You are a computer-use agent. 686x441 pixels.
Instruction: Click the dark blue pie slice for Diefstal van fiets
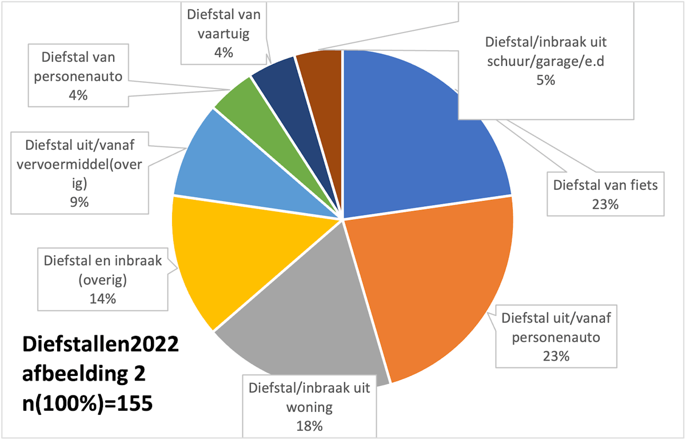(412, 137)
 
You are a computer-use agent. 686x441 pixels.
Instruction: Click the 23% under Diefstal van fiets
(605, 204)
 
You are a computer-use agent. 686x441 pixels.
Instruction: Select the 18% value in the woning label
(309, 426)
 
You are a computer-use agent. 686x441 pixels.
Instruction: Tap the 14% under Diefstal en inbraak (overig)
(102, 299)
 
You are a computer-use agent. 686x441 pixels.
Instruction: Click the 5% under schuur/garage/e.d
(545, 81)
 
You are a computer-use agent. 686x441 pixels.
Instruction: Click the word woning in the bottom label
(309, 407)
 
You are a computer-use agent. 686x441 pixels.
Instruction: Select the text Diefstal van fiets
(605, 185)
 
